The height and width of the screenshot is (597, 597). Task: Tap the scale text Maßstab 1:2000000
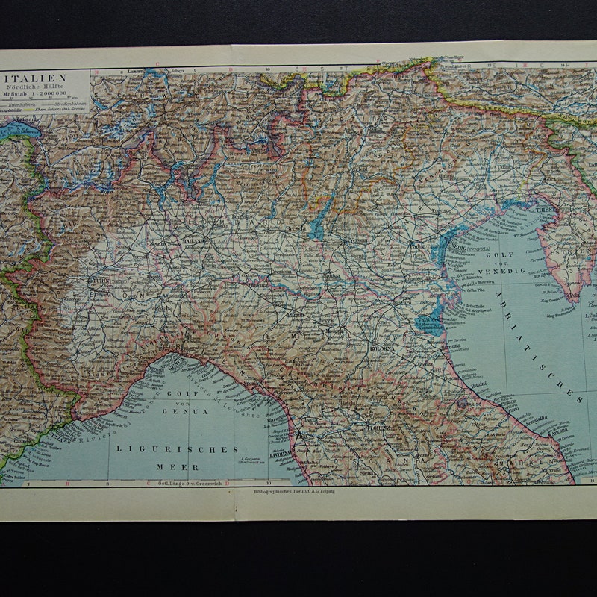click(37, 95)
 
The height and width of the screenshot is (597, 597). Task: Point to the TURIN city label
click(101, 281)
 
